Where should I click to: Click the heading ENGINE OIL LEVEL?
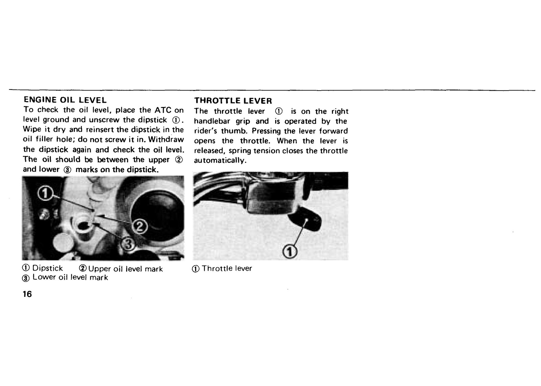click(65, 100)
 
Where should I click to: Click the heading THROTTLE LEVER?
click(233, 101)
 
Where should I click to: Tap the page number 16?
click(27, 294)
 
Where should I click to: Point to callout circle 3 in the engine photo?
click(128, 244)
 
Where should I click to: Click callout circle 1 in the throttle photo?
click(290, 252)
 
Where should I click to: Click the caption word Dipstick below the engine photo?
click(48, 268)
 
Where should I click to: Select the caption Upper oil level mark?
click(125, 269)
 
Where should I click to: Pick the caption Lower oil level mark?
click(70, 278)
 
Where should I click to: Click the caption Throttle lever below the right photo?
click(227, 268)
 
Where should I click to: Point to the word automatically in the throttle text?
click(220, 161)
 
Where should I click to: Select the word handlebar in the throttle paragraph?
click(212, 121)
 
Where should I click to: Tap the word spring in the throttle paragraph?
click(239, 151)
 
